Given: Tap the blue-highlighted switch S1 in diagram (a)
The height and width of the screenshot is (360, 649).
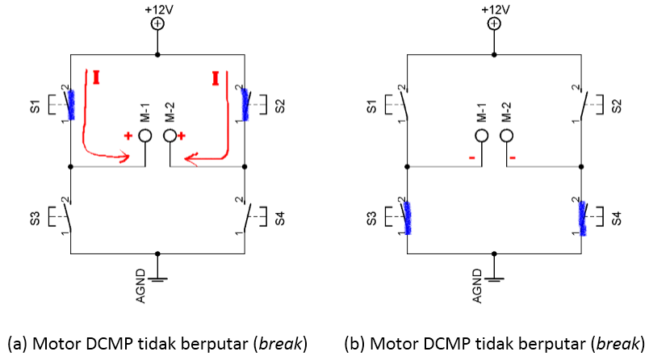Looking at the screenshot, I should pyautogui.click(x=71, y=103).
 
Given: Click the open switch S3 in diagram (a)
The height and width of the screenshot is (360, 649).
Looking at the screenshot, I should pyautogui.click(x=69, y=216).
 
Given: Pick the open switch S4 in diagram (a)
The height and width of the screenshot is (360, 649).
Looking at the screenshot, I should pyautogui.click(x=245, y=216).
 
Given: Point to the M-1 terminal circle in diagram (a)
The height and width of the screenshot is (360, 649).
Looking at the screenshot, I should pyautogui.click(x=145, y=136).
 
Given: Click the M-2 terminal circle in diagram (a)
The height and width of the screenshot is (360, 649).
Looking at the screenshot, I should pyautogui.click(x=170, y=136).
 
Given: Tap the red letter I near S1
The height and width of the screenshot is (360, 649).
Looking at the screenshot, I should pyautogui.click(x=97, y=77).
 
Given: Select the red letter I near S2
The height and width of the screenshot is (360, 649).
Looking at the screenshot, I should pyautogui.click(x=216, y=77).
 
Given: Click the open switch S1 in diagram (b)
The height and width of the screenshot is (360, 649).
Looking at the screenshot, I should pyautogui.click(x=407, y=103).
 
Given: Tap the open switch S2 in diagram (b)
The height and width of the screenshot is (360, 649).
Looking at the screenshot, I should pyautogui.click(x=583, y=103).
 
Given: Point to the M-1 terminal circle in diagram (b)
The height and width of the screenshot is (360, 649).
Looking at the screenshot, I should pyautogui.click(x=482, y=136).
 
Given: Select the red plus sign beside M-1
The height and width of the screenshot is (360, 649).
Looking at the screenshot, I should pyautogui.click(x=128, y=136).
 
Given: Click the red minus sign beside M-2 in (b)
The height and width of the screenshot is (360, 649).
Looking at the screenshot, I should pyautogui.click(x=513, y=157).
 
